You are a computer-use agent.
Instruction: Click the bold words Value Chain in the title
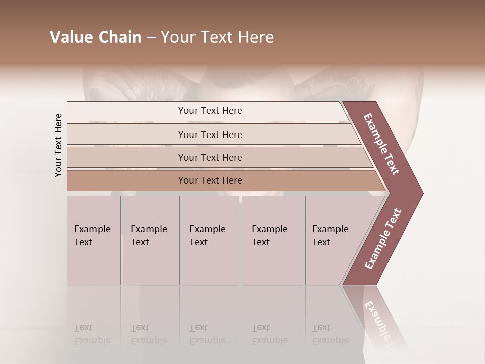point(95,37)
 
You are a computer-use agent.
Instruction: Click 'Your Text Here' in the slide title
point(217,37)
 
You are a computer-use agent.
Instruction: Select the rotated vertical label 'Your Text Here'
point(58,145)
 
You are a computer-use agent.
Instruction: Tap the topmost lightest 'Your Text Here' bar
point(210,111)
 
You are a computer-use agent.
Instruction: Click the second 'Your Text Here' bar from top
point(210,134)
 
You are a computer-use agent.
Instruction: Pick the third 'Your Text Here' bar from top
point(210,157)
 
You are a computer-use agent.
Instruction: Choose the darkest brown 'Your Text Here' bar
point(210,180)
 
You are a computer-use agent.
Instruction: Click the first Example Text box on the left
point(93,240)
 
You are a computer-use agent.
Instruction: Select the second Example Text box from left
point(151,240)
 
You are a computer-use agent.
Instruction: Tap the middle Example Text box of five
point(210,240)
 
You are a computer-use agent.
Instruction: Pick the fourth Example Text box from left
point(272,240)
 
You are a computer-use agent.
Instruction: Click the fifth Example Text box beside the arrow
point(331,240)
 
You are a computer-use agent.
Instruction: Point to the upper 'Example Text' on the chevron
point(381,144)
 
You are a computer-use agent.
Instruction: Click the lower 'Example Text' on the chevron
point(383,239)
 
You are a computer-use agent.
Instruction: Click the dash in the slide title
point(151,38)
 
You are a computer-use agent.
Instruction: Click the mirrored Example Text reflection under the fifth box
point(329,334)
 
